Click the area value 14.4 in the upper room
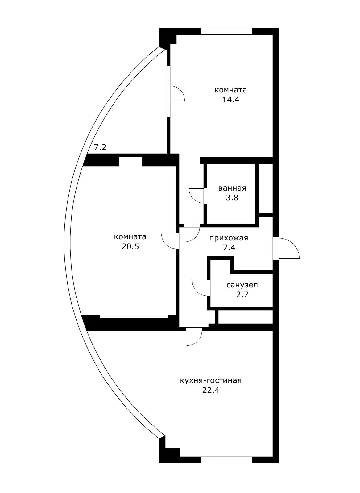click(x=230, y=100)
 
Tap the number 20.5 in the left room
click(x=130, y=246)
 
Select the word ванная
click(x=232, y=188)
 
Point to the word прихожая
click(x=229, y=238)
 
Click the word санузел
click(x=242, y=285)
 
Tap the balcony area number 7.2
click(x=100, y=147)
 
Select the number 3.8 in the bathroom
click(x=232, y=198)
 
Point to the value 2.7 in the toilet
click(x=242, y=294)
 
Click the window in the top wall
click(x=226, y=31)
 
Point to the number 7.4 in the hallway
click(x=229, y=248)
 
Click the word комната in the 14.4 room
click(x=230, y=90)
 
